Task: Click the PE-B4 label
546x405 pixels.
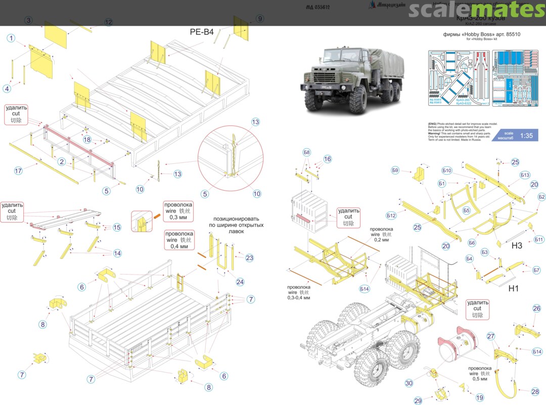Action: click(x=202, y=32)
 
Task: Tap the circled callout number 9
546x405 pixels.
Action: click(x=260, y=19)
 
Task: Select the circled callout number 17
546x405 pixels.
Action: click(x=18, y=171)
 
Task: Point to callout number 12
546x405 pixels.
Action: click(x=109, y=22)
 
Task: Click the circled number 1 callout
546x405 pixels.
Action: click(x=11, y=38)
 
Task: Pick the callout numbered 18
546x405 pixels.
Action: click(x=87, y=140)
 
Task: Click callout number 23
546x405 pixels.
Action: click(x=249, y=258)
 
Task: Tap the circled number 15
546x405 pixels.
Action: click(x=117, y=228)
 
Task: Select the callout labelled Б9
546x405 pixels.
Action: click(x=395, y=170)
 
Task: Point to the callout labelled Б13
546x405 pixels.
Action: click(x=525, y=175)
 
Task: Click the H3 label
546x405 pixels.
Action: click(x=517, y=246)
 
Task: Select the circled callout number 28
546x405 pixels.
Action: click(x=535, y=391)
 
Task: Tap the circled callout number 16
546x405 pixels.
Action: click(x=328, y=159)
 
